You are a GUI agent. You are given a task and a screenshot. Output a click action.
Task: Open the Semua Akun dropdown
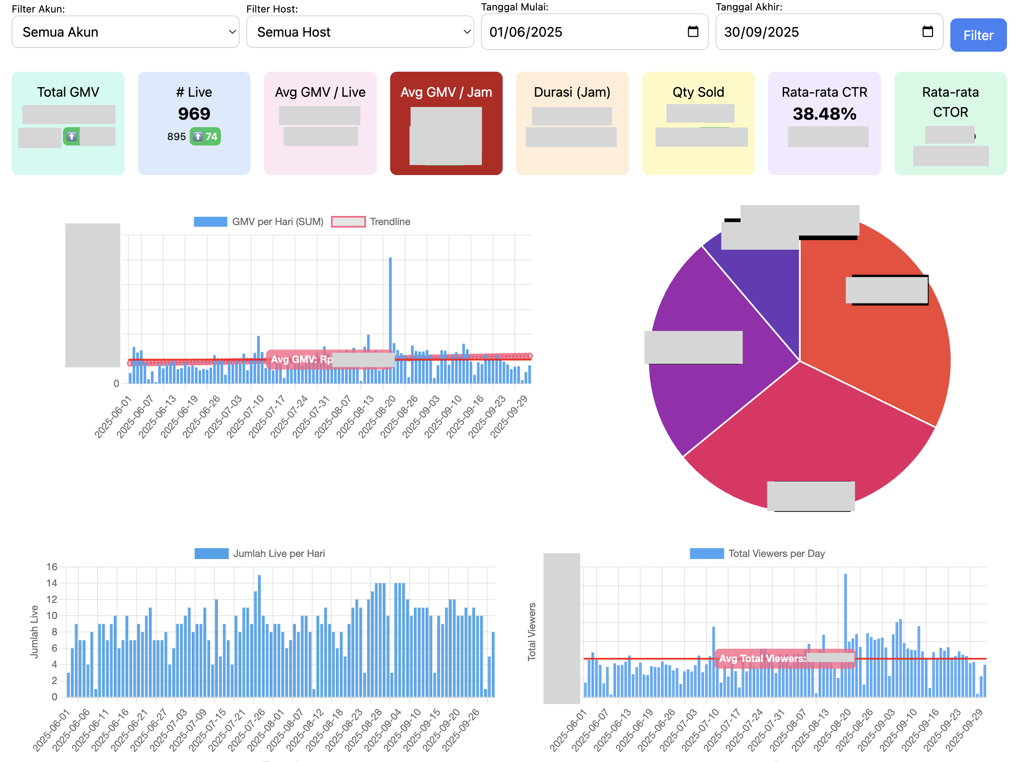point(125,32)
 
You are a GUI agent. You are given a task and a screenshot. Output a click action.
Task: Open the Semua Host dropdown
point(360,32)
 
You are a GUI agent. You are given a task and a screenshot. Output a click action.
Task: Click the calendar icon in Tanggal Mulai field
point(692,31)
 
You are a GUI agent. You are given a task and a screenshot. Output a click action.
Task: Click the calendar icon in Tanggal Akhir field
point(927,31)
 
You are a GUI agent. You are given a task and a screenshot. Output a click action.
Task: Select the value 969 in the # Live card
point(194,114)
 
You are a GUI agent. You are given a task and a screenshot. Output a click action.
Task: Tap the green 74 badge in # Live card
point(205,137)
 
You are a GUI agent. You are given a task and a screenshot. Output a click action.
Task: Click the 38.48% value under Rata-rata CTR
point(824,114)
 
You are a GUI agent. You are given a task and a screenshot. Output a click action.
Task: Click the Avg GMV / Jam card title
point(446,92)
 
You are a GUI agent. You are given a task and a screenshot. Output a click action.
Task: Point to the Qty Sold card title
point(698,92)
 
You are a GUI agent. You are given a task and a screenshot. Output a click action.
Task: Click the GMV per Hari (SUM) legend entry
point(258,222)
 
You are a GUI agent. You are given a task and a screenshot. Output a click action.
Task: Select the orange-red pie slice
point(876,351)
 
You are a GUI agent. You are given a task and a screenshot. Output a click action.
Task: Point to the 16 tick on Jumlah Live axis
point(52,567)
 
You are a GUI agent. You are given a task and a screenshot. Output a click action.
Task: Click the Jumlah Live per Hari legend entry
point(260,554)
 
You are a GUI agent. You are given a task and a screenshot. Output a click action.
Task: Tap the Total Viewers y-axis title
point(531,632)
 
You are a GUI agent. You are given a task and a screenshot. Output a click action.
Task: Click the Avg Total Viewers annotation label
point(762,659)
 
